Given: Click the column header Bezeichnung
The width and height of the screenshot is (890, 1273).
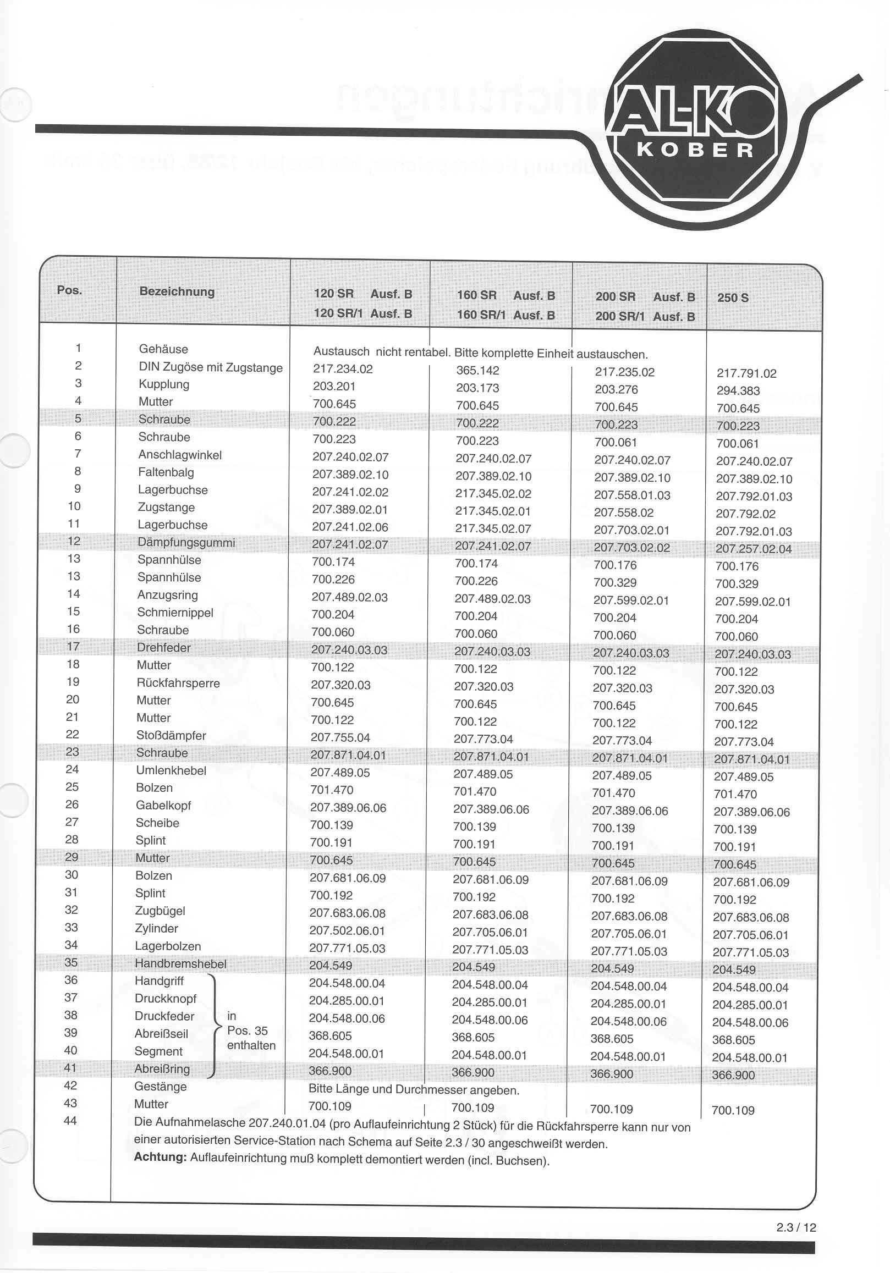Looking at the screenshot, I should tap(177, 291).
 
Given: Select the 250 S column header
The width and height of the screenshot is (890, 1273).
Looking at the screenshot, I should tap(733, 297).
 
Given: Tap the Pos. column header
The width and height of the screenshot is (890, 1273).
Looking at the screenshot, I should tap(69, 290).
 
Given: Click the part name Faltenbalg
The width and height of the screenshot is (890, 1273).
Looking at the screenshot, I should tap(166, 472).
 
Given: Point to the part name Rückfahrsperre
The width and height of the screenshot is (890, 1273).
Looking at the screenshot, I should tap(178, 683).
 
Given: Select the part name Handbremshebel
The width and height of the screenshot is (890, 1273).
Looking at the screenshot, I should tap(180, 963).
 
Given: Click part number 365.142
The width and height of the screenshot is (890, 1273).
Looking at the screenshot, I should tap(477, 371).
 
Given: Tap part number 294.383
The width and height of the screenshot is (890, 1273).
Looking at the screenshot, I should tap(738, 391).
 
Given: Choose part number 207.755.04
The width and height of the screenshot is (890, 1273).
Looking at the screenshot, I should tap(340, 737).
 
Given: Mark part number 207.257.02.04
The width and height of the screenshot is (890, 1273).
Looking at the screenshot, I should tap(753, 549).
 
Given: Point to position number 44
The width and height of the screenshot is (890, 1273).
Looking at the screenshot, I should tap(70, 1121).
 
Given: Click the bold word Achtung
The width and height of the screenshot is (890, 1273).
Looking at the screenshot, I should tap(160, 1156).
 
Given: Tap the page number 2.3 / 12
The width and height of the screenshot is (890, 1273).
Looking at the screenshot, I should tap(796, 1227).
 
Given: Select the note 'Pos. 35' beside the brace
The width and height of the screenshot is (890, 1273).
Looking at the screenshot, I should tap(248, 1030).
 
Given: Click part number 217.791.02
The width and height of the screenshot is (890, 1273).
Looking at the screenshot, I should tap(746, 374).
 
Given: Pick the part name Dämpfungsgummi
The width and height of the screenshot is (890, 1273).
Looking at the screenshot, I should tap(186, 542).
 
